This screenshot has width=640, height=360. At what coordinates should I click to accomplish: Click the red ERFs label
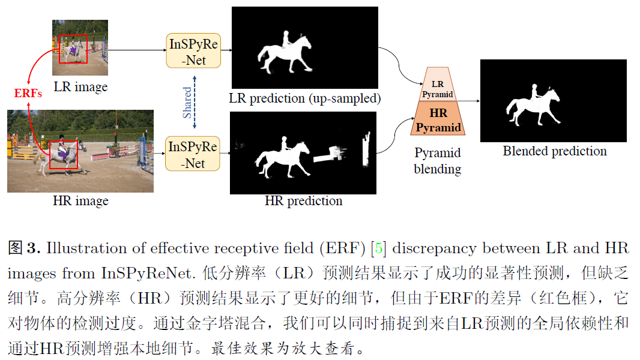click(28, 94)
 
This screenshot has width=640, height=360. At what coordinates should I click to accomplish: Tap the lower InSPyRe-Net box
click(193, 155)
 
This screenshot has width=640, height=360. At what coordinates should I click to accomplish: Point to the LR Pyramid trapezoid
click(438, 84)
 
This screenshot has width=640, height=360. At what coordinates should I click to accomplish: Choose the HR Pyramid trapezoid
click(438, 119)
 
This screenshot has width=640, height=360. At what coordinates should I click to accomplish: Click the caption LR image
click(80, 86)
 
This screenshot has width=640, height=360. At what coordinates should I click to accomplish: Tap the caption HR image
click(80, 201)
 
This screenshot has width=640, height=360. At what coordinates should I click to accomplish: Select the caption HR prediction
click(303, 201)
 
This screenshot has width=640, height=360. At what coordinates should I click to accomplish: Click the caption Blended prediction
click(554, 151)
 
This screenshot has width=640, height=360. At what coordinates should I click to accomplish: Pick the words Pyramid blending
click(438, 161)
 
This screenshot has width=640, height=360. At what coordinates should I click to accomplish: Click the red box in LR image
click(74, 49)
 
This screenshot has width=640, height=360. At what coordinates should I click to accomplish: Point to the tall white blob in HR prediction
click(364, 150)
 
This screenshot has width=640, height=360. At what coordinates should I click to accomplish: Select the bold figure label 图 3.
click(24, 248)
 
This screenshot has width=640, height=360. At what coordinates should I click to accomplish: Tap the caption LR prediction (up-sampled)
click(305, 98)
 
